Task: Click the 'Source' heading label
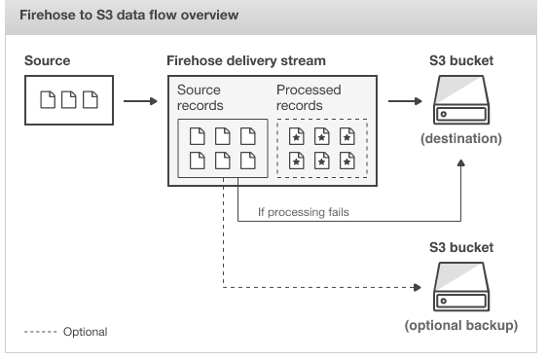47,60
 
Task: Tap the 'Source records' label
201,97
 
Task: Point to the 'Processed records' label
309,97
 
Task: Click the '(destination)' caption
460,139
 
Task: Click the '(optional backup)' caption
460,324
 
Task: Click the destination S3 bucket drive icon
460,101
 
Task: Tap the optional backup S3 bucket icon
460,287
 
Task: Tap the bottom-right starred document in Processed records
346,161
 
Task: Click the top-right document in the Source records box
247,136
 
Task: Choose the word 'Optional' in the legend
85,332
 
